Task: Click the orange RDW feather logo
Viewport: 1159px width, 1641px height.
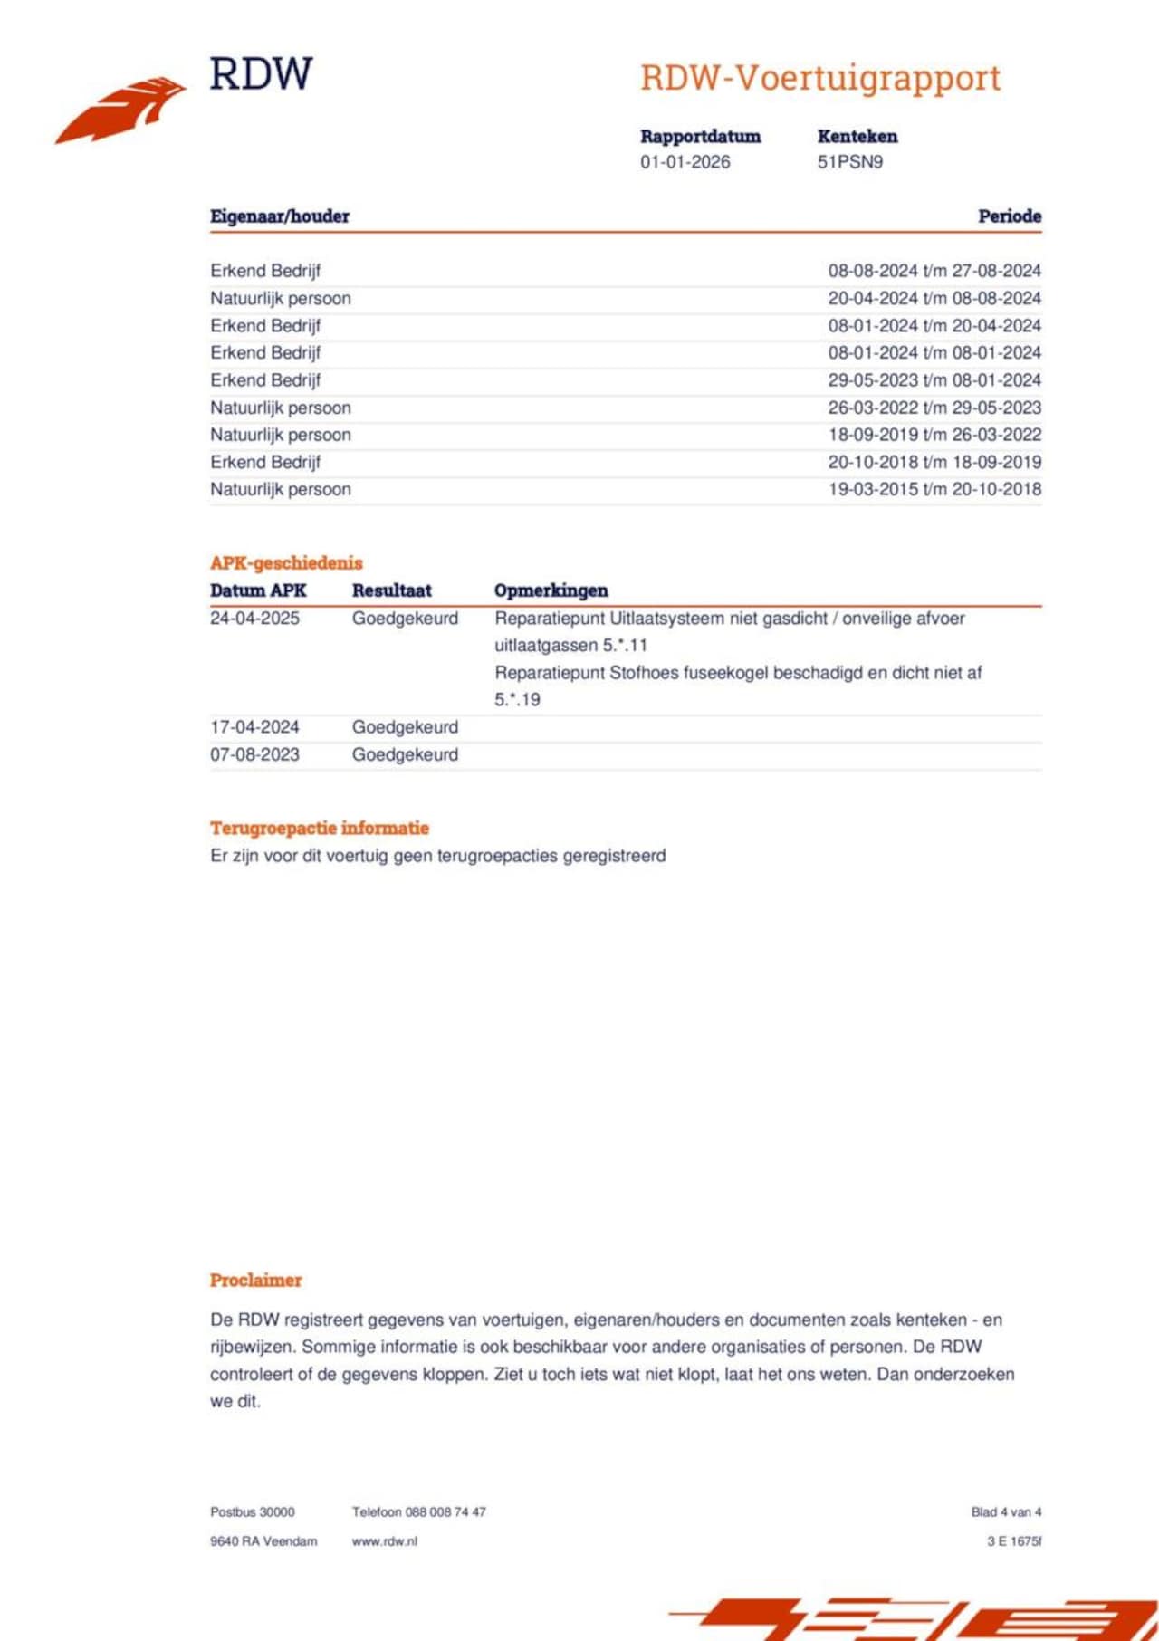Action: [122, 109]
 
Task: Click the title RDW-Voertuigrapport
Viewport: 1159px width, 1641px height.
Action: [820, 78]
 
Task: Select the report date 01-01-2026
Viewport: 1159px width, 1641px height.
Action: [685, 162]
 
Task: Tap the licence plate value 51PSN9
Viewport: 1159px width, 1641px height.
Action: [849, 162]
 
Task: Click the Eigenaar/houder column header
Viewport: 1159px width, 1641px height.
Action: [280, 216]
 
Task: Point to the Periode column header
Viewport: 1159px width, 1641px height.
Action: [1009, 216]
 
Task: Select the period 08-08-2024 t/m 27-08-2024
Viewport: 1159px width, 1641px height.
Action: [934, 271]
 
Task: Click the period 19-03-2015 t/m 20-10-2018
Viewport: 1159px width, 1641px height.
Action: [934, 489]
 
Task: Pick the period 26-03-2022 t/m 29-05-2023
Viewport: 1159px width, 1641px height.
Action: [934, 408]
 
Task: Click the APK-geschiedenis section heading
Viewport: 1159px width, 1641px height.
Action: [286, 563]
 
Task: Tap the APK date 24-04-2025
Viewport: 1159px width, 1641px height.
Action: [254, 619]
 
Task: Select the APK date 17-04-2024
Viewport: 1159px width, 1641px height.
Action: [254, 727]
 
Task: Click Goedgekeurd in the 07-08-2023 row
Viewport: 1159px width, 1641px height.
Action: [405, 754]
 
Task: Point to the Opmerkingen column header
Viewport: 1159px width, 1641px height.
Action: [551, 590]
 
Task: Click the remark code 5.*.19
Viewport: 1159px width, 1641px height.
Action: [517, 699]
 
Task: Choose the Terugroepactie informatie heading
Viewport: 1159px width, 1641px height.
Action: [320, 828]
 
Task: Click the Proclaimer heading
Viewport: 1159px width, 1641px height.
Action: [255, 1280]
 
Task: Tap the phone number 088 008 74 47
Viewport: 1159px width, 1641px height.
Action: [445, 1511]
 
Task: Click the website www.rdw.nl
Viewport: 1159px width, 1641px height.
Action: [384, 1540]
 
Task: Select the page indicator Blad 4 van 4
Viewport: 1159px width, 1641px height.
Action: [1005, 1511]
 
